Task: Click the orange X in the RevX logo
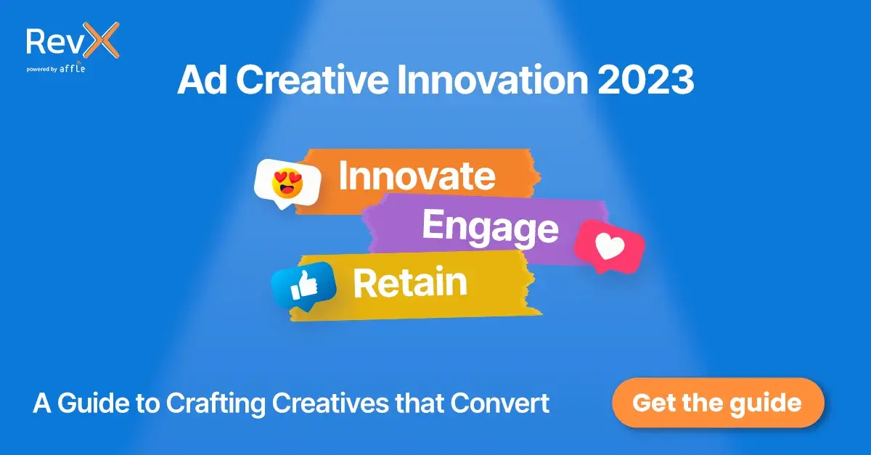coord(103,41)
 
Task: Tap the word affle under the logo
coord(75,70)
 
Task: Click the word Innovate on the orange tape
coord(417,176)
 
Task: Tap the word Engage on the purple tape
coord(490,228)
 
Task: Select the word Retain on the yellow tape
coord(409,283)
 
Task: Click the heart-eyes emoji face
coord(287,182)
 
